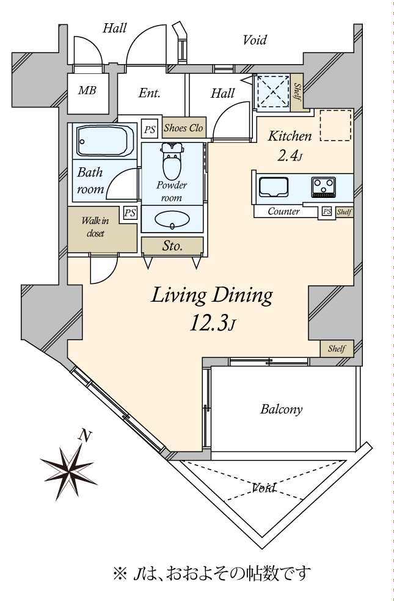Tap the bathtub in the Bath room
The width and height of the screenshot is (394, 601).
click(102, 141)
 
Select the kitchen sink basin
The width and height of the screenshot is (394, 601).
click(274, 187)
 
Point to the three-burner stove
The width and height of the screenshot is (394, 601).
click(323, 187)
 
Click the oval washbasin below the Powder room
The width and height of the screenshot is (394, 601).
click(172, 220)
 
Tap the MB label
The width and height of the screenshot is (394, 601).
click(87, 90)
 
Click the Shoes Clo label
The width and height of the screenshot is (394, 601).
click(183, 128)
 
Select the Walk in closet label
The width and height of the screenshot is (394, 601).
click(95, 227)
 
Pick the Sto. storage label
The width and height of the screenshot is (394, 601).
click(172, 246)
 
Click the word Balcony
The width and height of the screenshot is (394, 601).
click(282, 409)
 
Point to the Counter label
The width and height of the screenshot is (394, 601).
click(283, 211)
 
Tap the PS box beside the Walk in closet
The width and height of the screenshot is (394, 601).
click(130, 213)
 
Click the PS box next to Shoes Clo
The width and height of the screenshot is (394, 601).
click(150, 129)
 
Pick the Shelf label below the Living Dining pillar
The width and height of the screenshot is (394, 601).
click(337, 349)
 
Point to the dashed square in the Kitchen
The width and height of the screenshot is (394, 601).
click(336, 125)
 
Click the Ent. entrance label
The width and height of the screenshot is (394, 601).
click(149, 93)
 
